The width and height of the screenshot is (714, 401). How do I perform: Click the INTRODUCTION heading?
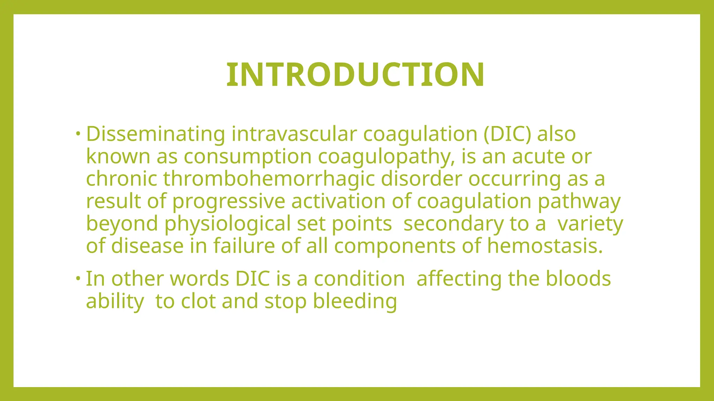(355, 75)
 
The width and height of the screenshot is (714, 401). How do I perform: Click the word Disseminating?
(155, 134)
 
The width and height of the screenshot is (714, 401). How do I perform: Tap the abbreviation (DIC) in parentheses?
(507, 134)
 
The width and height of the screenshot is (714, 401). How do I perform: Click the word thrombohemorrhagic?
(269, 179)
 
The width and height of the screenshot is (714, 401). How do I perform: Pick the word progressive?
(229, 202)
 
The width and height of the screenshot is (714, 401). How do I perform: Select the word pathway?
(579, 202)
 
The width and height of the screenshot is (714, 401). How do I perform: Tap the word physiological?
(227, 224)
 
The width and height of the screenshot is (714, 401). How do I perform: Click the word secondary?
(453, 224)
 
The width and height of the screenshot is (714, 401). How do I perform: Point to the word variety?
(590, 224)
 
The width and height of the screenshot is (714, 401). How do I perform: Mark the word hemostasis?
(545, 246)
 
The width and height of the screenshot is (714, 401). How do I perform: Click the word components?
(395, 246)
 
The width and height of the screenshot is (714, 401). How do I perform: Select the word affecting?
(459, 279)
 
